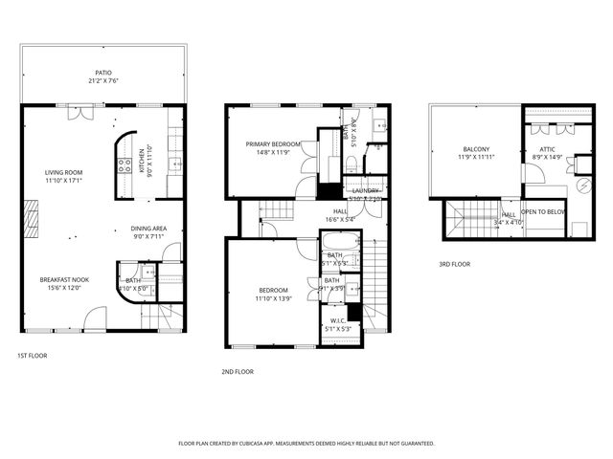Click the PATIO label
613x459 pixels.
pos(102,72)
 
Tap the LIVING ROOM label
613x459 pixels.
pos(64,172)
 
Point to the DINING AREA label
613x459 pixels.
pos(149,229)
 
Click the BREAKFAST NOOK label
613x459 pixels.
pos(64,280)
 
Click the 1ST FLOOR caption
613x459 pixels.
pos(32,356)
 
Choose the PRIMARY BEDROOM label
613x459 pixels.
pos(273,144)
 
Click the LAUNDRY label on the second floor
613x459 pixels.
pos(365,190)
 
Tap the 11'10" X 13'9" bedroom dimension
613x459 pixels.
pos(279,299)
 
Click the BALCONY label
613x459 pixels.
pos(476,149)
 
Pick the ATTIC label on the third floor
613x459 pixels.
pos(547,149)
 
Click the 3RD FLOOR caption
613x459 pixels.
pos(454,265)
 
